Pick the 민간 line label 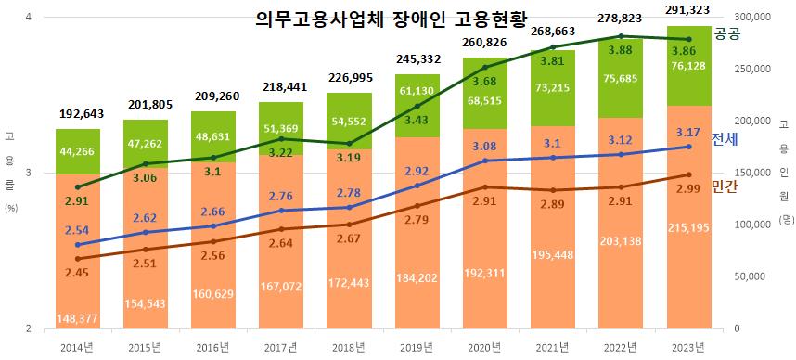724,186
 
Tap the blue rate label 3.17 688,132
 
